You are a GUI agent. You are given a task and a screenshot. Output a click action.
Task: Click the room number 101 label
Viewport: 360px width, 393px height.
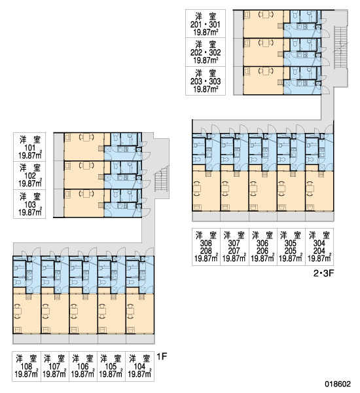30,148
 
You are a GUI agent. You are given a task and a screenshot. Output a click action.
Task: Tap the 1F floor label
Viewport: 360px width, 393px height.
162,356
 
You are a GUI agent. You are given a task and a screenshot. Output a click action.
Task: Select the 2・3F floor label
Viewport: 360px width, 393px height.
323,273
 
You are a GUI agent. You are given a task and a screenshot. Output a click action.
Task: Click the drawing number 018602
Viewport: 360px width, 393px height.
338,384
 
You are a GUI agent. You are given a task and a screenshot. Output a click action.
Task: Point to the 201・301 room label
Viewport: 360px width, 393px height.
206,25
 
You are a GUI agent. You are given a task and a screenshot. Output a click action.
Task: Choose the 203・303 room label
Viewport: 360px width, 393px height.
206,81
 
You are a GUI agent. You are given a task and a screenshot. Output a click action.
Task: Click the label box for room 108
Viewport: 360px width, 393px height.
26,366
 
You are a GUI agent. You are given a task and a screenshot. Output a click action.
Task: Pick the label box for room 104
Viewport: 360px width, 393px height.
140,366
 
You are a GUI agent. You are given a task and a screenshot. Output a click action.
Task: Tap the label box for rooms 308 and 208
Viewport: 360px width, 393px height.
206,247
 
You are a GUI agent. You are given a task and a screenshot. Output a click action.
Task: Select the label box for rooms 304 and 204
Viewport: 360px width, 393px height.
319,247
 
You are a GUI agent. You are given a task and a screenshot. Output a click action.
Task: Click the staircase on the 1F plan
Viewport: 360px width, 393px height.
161,179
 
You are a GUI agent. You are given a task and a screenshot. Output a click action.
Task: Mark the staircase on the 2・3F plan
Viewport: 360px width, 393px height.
340,47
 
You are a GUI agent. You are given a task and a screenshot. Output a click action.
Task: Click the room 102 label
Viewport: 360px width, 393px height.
30,176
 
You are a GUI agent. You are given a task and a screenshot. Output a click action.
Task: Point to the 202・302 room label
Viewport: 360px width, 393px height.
206,52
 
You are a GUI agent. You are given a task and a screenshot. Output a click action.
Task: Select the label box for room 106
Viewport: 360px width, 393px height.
83,366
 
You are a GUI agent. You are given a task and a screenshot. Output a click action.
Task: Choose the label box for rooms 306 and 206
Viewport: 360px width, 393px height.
262,247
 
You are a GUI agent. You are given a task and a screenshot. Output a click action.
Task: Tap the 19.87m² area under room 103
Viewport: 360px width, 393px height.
30,212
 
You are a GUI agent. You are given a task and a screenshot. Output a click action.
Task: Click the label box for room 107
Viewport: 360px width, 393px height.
54,366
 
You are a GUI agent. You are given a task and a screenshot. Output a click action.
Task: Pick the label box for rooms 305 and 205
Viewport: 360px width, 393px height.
291,247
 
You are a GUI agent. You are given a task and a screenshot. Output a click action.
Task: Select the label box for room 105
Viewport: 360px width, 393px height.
111,366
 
